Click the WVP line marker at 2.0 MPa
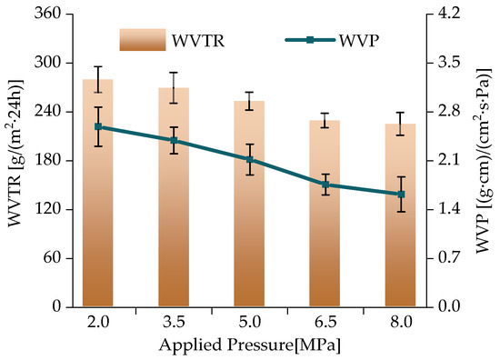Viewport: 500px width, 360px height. (98, 127)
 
